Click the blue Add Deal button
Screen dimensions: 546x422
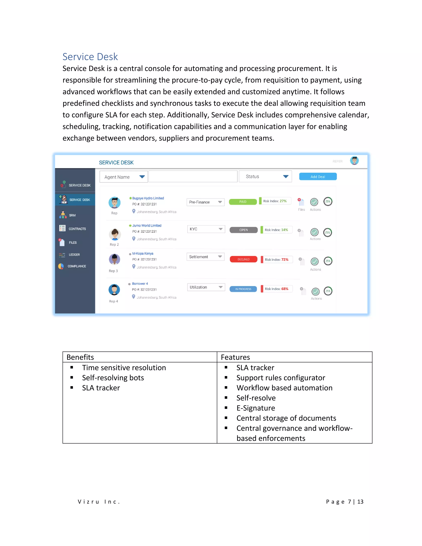(318, 177)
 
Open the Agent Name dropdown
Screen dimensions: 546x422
(123, 177)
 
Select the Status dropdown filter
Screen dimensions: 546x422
(265, 177)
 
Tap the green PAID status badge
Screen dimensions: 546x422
(243, 202)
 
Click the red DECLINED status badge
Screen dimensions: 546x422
(244, 259)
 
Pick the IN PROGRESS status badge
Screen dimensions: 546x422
(243, 289)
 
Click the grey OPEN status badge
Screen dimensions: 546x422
(244, 230)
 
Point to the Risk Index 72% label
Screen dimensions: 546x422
(277, 259)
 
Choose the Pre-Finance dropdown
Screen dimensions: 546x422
(205, 202)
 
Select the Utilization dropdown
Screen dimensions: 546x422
(206, 287)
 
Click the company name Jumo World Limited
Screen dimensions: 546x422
(147, 225)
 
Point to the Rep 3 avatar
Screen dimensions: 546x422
(115, 259)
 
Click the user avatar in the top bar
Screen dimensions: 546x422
(354, 161)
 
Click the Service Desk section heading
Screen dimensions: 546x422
(90, 57)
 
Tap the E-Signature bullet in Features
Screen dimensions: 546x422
(256, 408)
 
